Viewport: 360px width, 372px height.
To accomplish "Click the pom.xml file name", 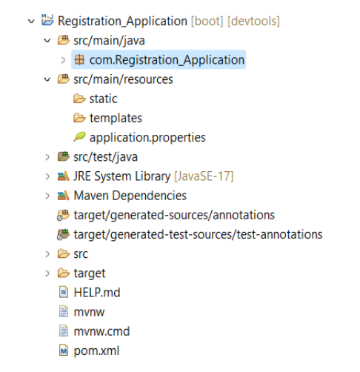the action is [96, 351].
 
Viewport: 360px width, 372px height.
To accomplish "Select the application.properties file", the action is [147, 138].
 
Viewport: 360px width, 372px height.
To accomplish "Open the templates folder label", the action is [116, 118].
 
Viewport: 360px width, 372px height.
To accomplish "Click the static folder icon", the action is [79, 99].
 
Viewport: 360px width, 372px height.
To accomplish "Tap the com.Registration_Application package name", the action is [167, 60].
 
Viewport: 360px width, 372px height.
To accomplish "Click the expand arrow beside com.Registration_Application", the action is [63, 60].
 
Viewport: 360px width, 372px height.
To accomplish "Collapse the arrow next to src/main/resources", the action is [47, 79].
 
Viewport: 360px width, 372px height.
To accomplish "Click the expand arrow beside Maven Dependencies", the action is [47, 196].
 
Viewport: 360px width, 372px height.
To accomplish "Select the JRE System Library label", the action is [122, 176].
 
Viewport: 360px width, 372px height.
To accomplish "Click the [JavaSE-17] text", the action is [204, 176].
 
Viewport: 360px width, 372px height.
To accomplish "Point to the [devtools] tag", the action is [253, 21].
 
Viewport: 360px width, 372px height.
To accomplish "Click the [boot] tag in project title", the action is [207, 21].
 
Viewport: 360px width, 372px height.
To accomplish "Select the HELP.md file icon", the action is [64, 293].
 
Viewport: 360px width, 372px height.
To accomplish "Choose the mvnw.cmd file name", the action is [101, 331].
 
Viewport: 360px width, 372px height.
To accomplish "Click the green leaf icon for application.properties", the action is [79, 136].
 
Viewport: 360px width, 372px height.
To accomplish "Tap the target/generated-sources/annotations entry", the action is [174, 215].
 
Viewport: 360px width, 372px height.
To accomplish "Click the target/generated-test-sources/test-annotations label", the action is [198, 235].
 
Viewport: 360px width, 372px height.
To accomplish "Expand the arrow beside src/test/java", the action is [47, 157].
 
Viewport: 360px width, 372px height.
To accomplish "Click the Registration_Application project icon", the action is [47, 20].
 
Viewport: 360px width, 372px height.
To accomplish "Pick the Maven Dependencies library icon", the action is [63, 196].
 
